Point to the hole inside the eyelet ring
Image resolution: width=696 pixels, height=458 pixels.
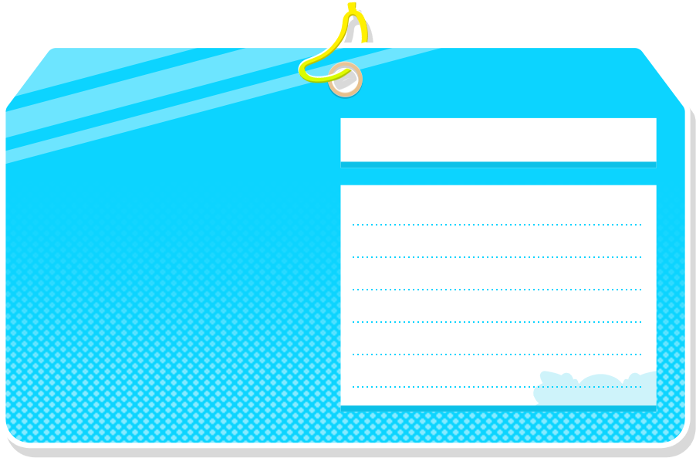345,80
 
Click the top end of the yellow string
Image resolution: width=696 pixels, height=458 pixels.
357,6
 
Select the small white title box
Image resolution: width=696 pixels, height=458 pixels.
498,140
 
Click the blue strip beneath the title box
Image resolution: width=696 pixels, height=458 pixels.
498,165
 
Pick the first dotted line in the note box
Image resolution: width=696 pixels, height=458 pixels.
497,225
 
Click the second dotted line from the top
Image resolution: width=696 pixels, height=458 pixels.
497,257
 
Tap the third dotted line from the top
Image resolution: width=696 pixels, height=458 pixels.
497,290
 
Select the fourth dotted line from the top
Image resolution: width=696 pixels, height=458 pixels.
497,322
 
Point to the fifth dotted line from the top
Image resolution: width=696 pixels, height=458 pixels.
497,355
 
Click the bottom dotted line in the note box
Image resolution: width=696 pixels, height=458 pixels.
463,387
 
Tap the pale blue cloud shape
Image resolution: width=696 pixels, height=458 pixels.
594,389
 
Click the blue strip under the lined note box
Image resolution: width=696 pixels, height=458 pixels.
498,408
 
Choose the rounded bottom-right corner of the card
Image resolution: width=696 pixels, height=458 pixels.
678,436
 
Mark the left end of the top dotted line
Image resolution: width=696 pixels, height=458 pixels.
353,225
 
